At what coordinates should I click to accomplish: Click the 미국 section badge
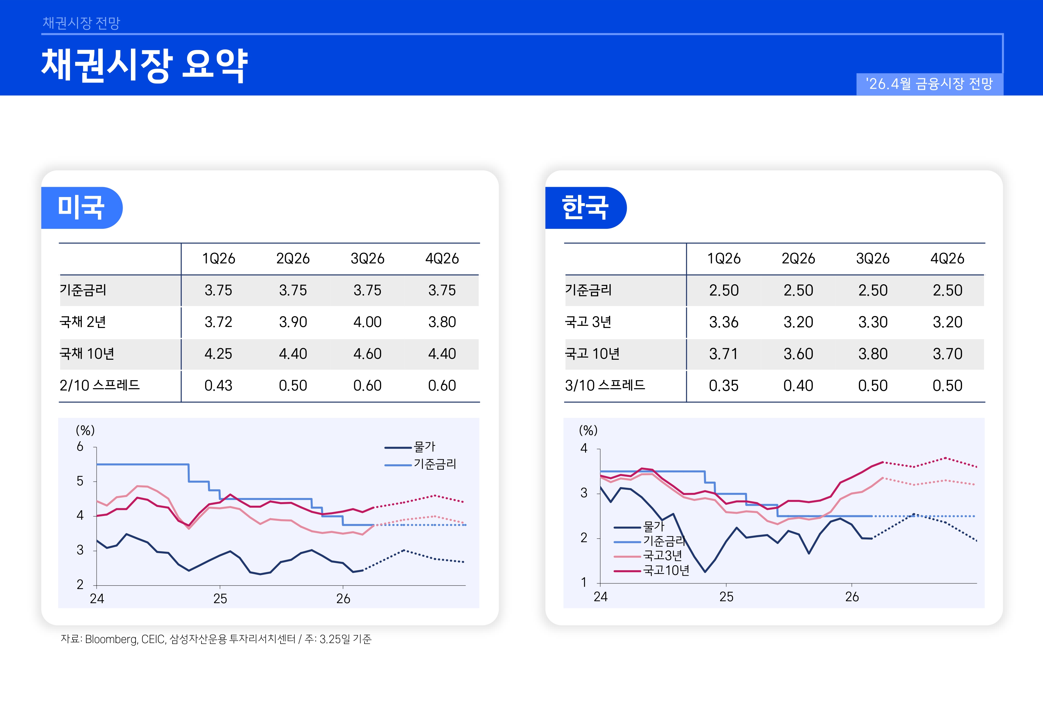click(82, 208)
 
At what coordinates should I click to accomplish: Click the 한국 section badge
click(585, 208)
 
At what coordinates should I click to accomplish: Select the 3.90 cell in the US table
click(293, 322)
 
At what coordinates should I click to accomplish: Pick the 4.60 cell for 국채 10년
click(367, 354)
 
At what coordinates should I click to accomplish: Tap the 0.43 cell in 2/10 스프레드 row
click(218, 385)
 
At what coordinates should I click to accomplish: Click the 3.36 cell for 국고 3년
click(723, 322)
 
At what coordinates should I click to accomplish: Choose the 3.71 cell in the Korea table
click(723, 354)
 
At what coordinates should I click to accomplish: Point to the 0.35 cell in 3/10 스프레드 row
click(723, 385)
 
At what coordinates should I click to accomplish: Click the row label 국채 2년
click(83, 322)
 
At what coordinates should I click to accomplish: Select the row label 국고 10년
click(592, 354)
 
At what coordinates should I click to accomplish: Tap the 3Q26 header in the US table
click(367, 259)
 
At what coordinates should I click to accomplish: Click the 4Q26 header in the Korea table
click(947, 259)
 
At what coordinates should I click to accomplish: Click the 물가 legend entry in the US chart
click(424, 447)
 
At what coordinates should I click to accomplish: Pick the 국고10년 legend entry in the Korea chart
click(666, 571)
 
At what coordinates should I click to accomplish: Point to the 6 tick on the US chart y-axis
click(80, 447)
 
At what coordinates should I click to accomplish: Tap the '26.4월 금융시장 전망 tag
click(929, 84)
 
